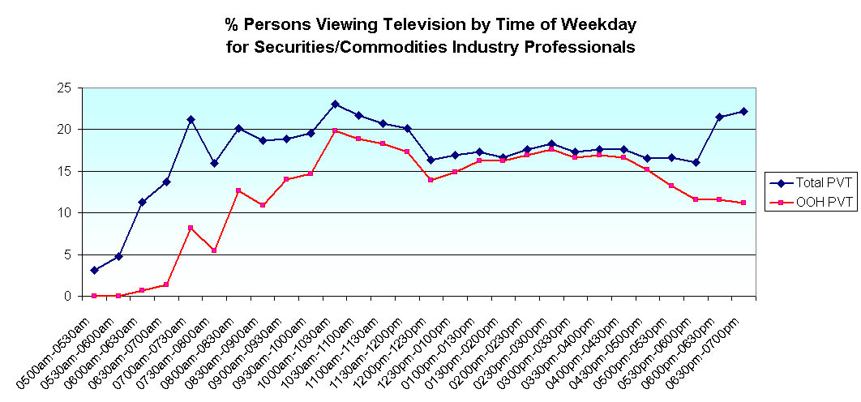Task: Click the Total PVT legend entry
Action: [x=812, y=182]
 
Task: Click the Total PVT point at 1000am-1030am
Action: [x=335, y=104]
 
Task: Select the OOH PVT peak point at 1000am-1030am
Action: [x=335, y=130]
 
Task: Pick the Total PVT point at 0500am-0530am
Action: [x=94, y=270]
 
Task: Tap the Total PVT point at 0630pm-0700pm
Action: [x=743, y=111]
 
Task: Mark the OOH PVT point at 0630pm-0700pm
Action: [x=743, y=203]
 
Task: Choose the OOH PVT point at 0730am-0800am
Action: [x=214, y=250]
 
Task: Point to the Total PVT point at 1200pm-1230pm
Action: [x=430, y=160]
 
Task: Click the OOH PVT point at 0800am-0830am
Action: [x=238, y=190]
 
